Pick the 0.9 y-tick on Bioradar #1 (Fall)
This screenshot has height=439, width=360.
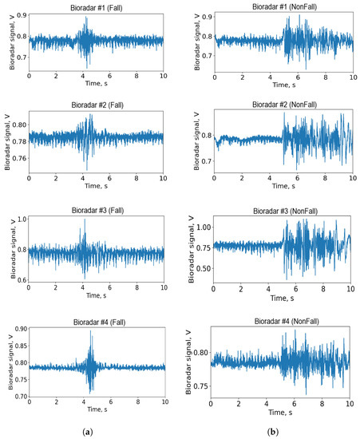point(20,15)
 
